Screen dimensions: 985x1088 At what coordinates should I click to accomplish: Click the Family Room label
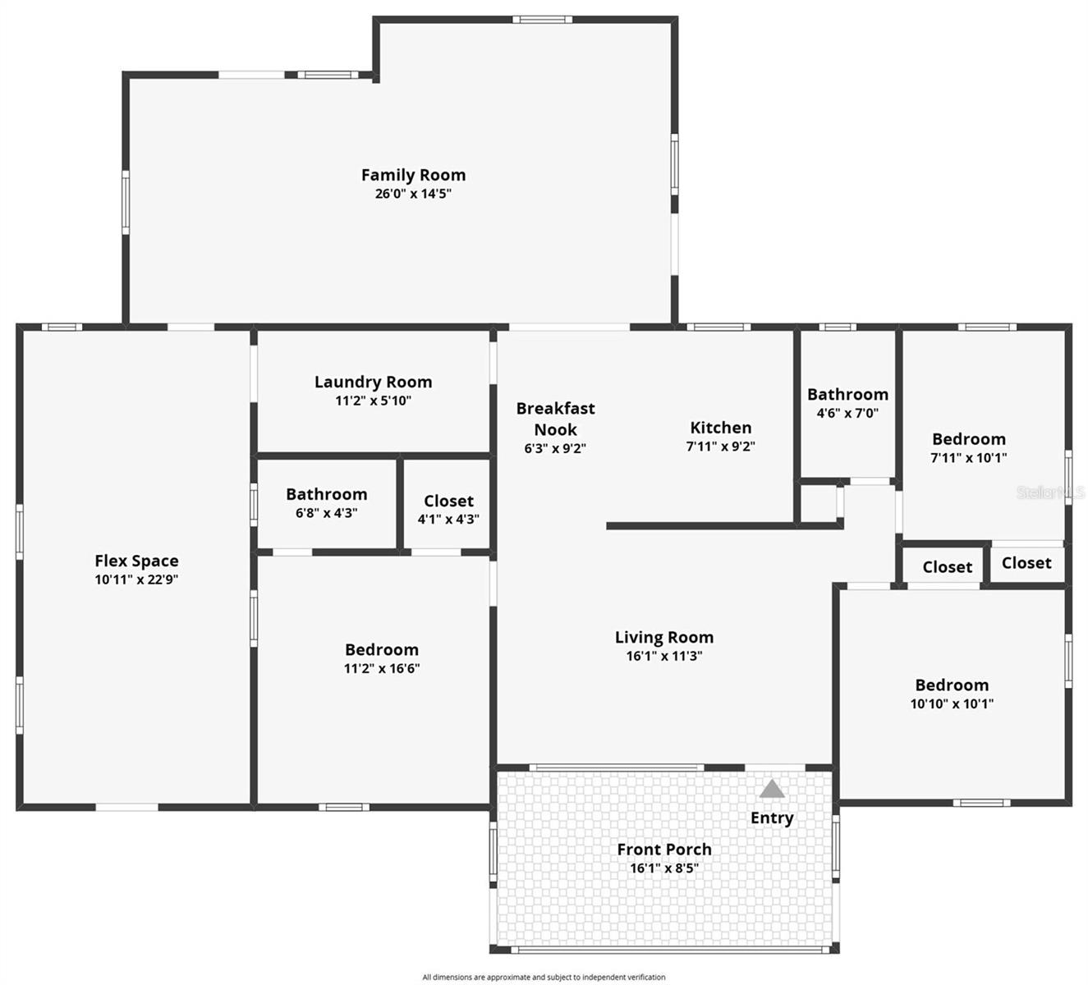(413, 175)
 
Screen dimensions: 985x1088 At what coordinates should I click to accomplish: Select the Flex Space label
(136, 561)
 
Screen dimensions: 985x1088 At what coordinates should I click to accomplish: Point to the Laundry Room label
(373, 382)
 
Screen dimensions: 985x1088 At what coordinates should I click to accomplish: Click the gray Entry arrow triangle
(772, 790)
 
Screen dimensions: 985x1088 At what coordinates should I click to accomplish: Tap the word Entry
(772, 818)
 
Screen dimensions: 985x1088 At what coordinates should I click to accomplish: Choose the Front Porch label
(663, 850)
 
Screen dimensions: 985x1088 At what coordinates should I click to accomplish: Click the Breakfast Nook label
(555, 419)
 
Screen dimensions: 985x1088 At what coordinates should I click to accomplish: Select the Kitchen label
(720, 428)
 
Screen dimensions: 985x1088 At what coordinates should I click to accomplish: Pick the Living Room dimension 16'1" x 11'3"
(663, 656)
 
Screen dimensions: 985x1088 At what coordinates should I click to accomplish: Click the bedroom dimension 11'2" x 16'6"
(381, 669)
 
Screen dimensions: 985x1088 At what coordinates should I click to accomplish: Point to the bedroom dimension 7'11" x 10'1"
(968, 458)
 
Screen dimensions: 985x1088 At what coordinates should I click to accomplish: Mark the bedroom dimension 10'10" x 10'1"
(952, 703)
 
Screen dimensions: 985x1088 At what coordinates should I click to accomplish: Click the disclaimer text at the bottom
(544, 977)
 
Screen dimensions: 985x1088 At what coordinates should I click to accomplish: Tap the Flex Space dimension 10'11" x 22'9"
(136, 580)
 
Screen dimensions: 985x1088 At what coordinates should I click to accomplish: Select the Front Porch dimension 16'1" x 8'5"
(663, 868)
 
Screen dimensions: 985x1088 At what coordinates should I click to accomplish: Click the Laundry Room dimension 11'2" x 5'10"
(373, 401)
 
